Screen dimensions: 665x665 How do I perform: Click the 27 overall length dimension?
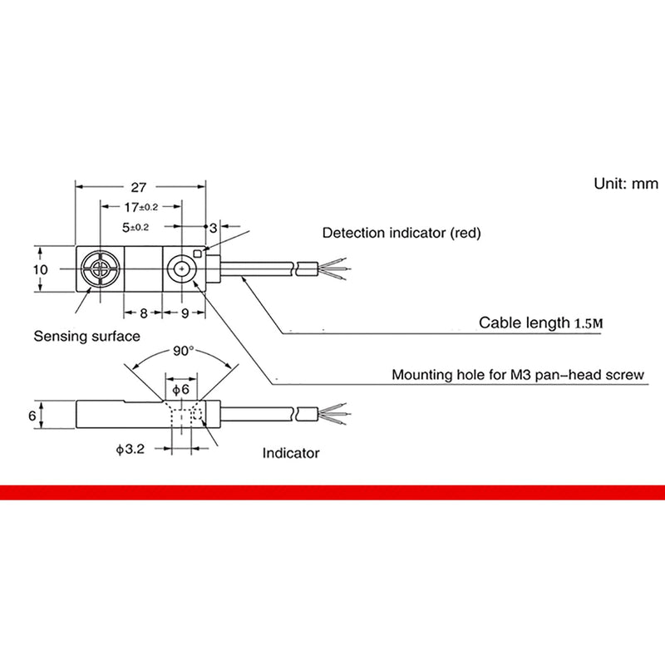[138, 187]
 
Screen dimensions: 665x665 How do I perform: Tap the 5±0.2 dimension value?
[135, 227]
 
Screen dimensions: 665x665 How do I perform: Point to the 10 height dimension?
[41, 269]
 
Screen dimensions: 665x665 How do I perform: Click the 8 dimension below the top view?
[143, 313]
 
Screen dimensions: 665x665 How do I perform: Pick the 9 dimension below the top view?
[185, 313]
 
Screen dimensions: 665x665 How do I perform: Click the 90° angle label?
[183, 351]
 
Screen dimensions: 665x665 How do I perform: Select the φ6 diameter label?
[180, 389]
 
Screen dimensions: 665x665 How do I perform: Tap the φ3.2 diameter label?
[131, 449]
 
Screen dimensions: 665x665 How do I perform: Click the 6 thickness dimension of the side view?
[32, 416]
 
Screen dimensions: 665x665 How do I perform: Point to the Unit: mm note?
[626, 184]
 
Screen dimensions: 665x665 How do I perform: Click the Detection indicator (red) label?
[401, 233]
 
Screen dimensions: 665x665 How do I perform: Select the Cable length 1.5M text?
[541, 323]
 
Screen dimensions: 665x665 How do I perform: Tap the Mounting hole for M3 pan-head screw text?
[518, 375]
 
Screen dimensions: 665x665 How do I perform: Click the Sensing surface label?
[87, 337]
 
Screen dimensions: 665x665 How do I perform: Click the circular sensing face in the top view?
[101, 268]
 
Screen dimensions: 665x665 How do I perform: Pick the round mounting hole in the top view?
[181, 268]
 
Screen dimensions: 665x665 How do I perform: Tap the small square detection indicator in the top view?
[198, 254]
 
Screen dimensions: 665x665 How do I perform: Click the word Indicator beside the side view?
[290, 453]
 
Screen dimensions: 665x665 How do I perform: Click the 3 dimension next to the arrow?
[214, 228]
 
